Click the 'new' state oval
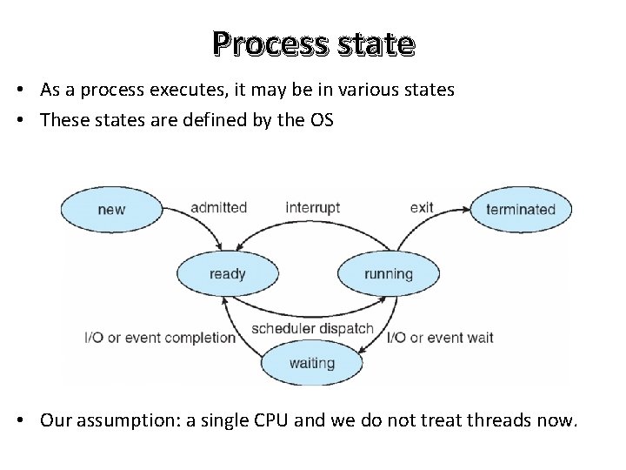click(111, 209)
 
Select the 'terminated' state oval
click(520, 209)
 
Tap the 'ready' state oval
click(228, 274)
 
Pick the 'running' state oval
click(388, 274)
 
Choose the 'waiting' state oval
click(311, 363)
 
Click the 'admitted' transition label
click(219, 208)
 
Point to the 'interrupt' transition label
click(312, 208)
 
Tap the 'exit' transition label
click(422, 208)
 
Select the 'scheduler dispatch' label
click(312, 329)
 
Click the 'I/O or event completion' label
click(160, 338)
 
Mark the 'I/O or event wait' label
click(440, 338)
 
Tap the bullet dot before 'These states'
click(28, 120)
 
